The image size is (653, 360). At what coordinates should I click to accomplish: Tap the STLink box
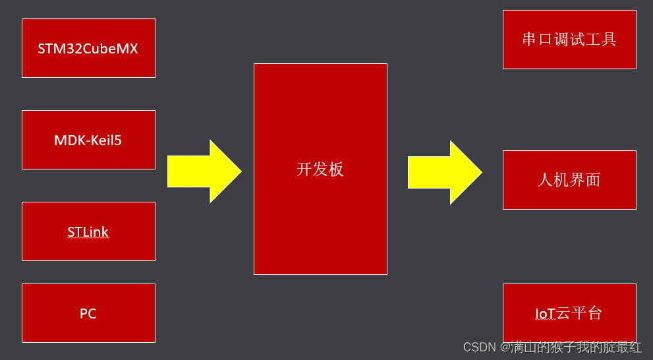(88, 247)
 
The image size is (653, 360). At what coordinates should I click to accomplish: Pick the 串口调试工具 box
(569, 56)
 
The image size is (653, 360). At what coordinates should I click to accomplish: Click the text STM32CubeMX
(88, 49)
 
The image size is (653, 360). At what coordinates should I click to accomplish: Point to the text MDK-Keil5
(88, 140)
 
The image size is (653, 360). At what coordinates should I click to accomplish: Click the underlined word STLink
(88, 232)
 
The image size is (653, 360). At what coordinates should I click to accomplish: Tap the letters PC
(88, 314)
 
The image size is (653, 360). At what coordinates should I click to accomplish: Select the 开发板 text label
(320, 169)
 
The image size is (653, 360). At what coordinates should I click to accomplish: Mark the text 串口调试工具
(569, 40)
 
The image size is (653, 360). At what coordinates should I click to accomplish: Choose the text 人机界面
(569, 180)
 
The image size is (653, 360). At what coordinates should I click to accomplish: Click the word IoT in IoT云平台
(546, 314)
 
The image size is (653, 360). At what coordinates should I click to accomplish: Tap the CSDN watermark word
(479, 347)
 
